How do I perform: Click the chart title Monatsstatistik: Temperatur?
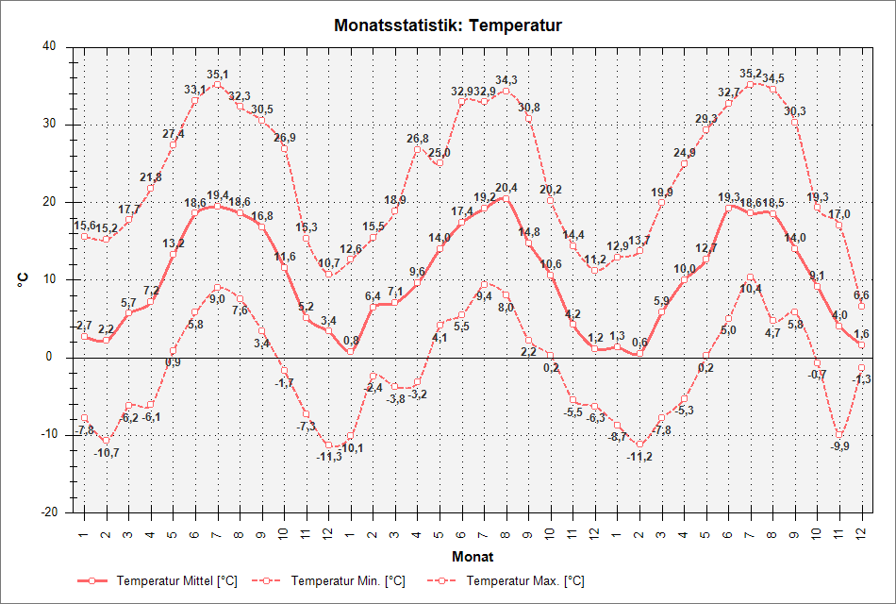tap(448, 25)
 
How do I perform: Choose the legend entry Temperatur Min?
tap(348, 581)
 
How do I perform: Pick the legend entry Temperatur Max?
tap(524, 581)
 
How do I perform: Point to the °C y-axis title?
tap(22, 279)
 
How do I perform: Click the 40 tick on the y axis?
tap(48, 46)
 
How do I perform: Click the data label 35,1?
tap(218, 75)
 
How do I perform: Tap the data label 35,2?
tap(751, 74)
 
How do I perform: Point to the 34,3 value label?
tap(506, 80)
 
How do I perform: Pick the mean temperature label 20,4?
tap(506, 187)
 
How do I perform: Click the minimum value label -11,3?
tap(329, 457)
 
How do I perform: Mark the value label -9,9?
tap(838, 446)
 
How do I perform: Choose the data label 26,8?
tap(417, 139)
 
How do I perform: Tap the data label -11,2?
tap(639, 457)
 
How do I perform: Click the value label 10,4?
tap(751, 289)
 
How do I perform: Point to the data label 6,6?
tap(861, 295)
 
